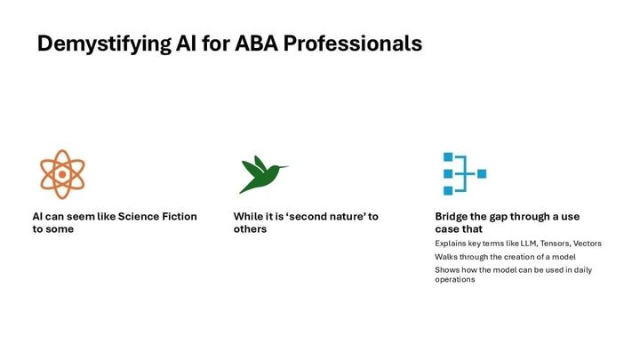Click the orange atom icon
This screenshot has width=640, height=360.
pos(61,173)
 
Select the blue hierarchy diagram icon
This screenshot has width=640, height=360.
pos(464,174)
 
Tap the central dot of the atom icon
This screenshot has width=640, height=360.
pos(61,174)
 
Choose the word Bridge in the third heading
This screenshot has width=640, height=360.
pos(452,216)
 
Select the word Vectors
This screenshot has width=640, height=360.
pos(588,243)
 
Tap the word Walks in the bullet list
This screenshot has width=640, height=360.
pos(446,256)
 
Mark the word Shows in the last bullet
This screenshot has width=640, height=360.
pos(447,269)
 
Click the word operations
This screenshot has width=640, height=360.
pos(455,279)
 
